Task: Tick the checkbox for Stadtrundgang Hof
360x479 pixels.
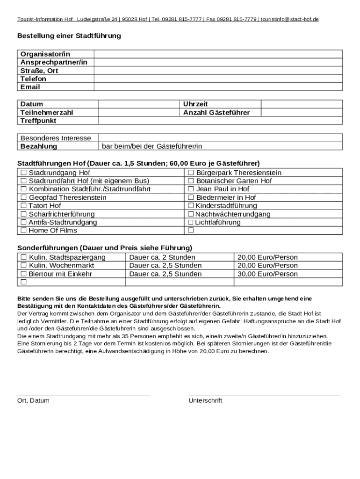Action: (23, 173)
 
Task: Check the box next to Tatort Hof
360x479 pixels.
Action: (23, 206)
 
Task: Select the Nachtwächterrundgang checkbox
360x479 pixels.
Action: (191, 214)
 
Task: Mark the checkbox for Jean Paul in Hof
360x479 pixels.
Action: (191, 189)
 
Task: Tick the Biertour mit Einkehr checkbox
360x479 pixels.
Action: (23, 274)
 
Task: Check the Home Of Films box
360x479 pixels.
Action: (23, 231)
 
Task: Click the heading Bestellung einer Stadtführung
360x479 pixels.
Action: (69, 36)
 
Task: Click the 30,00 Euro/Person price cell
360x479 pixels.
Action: (267, 274)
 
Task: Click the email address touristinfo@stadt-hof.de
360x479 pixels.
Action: (290, 19)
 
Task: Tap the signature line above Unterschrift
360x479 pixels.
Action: (264, 395)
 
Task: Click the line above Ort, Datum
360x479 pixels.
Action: (84, 395)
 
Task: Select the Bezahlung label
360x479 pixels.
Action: (39, 146)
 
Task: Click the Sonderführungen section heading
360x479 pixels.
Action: (105, 247)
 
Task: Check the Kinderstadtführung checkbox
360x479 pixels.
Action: (191, 206)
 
